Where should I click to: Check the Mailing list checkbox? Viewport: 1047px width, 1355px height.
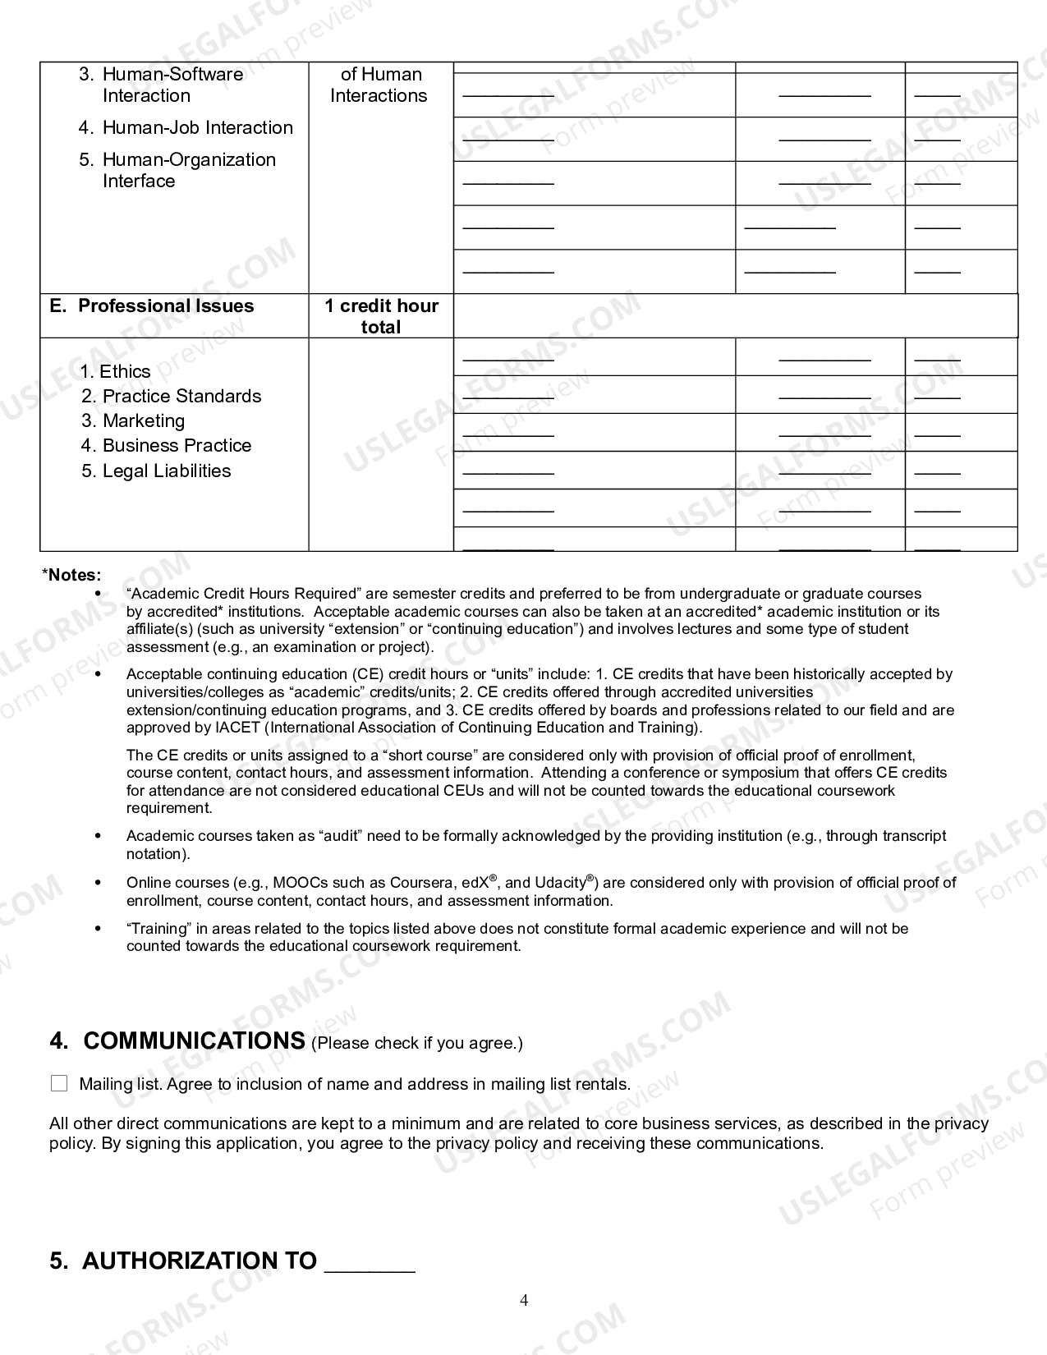59,1084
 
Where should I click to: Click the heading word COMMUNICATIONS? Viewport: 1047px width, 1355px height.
194,1041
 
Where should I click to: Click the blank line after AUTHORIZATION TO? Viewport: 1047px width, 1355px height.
370,1262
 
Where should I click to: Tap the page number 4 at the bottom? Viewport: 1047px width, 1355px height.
524,1300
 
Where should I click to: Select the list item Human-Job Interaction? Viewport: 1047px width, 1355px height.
197,127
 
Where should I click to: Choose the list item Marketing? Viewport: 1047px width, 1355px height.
143,420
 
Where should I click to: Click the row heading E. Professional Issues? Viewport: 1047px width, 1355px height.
152,305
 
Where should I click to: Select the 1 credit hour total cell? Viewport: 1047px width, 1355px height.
381,316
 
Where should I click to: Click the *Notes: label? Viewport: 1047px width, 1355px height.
71,575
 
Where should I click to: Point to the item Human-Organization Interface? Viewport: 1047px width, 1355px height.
189,170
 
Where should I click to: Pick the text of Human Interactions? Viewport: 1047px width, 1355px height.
379,85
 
